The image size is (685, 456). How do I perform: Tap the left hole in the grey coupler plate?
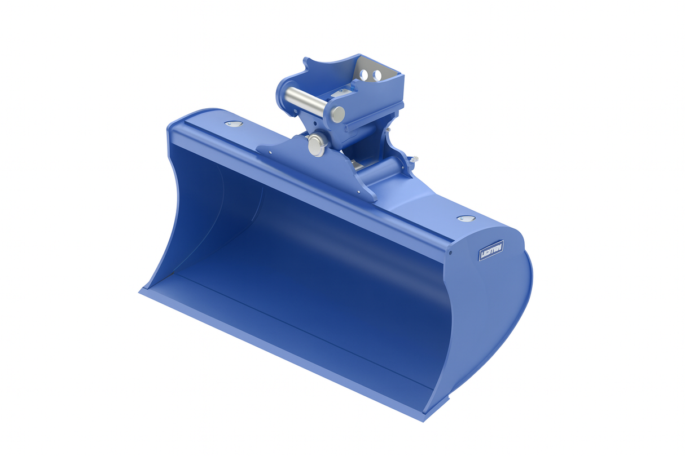[366, 74]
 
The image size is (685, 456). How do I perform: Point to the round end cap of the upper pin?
[337, 114]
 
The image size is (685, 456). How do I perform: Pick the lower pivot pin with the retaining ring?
[317, 144]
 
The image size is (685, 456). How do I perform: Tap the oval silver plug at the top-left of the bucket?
[232, 123]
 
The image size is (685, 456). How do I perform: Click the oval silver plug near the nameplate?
[465, 219]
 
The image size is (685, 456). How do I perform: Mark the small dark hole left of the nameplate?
[450, 252]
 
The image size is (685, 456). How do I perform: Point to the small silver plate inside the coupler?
[342, 91]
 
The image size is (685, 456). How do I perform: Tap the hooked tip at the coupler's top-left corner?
[305, 60]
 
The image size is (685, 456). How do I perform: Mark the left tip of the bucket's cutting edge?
[140, 291]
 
